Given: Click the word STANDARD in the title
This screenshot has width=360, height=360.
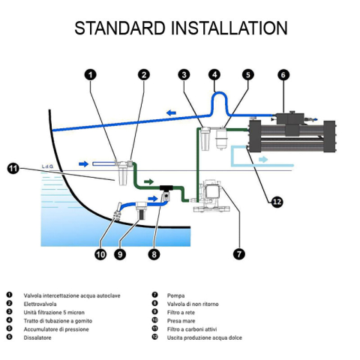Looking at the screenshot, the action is pyautogui.click(x=120, y=28).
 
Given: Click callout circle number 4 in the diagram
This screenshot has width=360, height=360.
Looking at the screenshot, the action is pyautogui.click(x=214, y=74).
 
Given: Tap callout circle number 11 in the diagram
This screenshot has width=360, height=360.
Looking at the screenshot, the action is pyautogui.click(x=13, y=168).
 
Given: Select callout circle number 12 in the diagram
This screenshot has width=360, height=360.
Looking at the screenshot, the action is pyautogui.click(x=277, y=202).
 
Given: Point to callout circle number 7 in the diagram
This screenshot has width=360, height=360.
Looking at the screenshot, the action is pyautogui.click(x=239, y=254).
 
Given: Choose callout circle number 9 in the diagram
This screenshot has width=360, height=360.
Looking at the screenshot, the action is pyautogui.click(x=120, y=254).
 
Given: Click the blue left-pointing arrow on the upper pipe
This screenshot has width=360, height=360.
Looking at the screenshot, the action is pyautogui.click(x=171, y=112).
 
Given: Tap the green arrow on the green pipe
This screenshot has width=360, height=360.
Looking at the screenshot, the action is pyautogui.click(x=149, y=181).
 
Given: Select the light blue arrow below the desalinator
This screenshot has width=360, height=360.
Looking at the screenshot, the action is pyautogui.click(x=263, y=159).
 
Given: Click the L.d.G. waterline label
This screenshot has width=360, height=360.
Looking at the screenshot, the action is pyautogui.click(x=47, y=166).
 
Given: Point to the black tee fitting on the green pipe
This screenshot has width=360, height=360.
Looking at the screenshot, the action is pyautogui.click(x=166, y=187).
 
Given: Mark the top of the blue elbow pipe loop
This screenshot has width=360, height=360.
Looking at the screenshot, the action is pyautogui.click(x=220, y=93).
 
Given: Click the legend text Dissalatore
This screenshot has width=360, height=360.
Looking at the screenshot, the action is pyautogui.click(x=37, y=337).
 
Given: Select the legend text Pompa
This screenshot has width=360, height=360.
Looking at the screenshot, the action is pyautogui.click(x=175, y=295).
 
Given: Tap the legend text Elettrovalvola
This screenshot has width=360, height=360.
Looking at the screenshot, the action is pyautogui.click(x=40, y=304).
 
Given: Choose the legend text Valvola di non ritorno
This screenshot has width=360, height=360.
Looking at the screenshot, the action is pyautogui.click(x=193, y=304).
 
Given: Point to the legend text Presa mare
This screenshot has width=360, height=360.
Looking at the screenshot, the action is pyautogui.click(x=181, y=321).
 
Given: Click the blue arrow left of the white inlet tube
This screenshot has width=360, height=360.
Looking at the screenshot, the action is pyautogui.click(x=83, y=164).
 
